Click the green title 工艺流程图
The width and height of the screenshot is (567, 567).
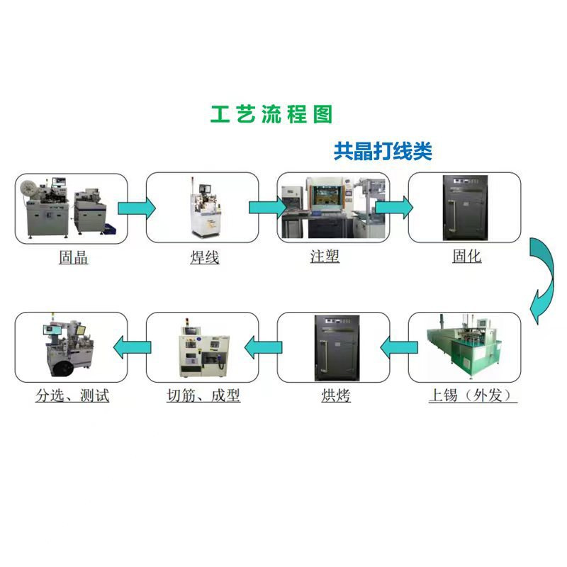tap(271, 114)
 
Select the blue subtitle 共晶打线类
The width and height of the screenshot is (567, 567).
tap(383, 151)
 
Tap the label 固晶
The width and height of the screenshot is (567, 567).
tap(74, 257)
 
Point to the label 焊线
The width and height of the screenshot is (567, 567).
tap(205, 257)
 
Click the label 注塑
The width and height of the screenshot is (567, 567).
tap(325, 256)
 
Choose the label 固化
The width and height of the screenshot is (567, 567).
tap(467, 256)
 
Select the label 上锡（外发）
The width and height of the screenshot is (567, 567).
tap(472, 395)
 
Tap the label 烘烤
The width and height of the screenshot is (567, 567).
tap(336, 395)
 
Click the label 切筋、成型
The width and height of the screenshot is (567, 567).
tap(203, 395)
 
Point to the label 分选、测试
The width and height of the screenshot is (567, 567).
tap(72, 395)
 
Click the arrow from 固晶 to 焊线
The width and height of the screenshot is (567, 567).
tap(137, 208)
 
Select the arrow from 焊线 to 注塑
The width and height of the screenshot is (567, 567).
tap(268, 208)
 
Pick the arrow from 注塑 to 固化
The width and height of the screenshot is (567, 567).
tap(394, 208)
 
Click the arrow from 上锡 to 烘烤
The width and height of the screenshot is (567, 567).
tap(399, 347)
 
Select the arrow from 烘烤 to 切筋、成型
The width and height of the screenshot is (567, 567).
tap(263, 347)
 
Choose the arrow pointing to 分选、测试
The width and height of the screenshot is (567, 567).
tap(132, 347)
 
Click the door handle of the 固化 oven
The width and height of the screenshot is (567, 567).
tap(452, 215)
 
